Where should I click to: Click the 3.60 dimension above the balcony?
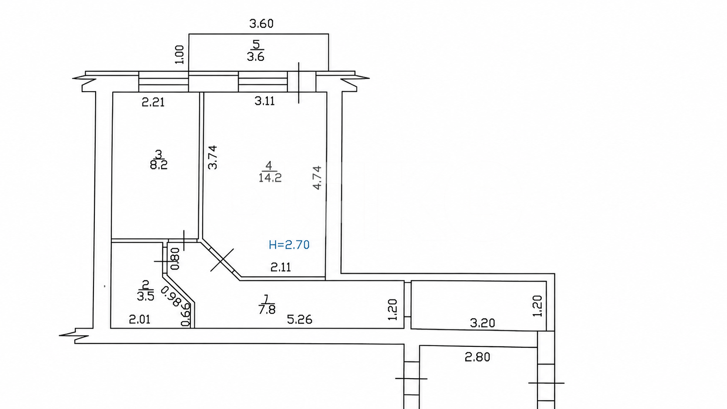(x=261, y=23)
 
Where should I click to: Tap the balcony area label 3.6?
(x=255, y=57)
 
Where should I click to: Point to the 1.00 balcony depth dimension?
(x=180, y=54)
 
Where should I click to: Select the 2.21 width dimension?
(x=153, y=103)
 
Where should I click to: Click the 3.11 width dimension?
(x=264, y=101)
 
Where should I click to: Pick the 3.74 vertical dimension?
(x=213, y=157)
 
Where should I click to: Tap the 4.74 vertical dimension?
(x=317, y=177)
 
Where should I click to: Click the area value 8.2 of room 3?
(x=159, y=165)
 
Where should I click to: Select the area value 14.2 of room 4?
(x=270, y=178)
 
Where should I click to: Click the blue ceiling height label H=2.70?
(x=289, y=245)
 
